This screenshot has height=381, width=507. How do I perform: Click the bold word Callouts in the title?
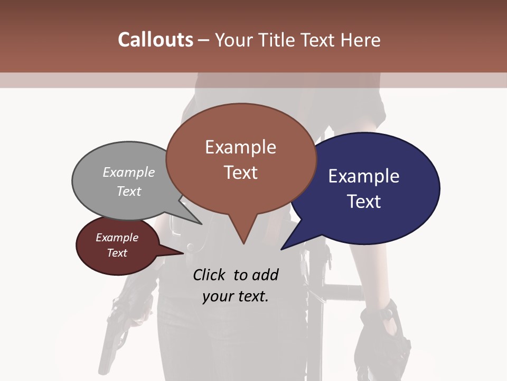(155, 40)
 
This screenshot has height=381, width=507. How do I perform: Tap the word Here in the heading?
(360, 40)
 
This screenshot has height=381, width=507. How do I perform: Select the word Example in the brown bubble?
(240, 147)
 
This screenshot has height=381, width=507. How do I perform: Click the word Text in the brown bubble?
(240, 173)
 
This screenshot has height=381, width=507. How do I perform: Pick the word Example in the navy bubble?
(364, 176)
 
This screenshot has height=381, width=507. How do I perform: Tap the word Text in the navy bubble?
(364, 202)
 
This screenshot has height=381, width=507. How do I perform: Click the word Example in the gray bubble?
(129, 173)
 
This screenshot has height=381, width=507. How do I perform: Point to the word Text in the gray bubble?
(129, 191)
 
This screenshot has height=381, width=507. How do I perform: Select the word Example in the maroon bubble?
(117, 238)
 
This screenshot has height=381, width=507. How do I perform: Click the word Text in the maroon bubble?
(117, 253)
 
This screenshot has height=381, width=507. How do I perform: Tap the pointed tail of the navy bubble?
(285, 246)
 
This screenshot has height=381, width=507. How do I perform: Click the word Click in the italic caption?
(209, 275)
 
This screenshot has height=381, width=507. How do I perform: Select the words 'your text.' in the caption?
(236, 296)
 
